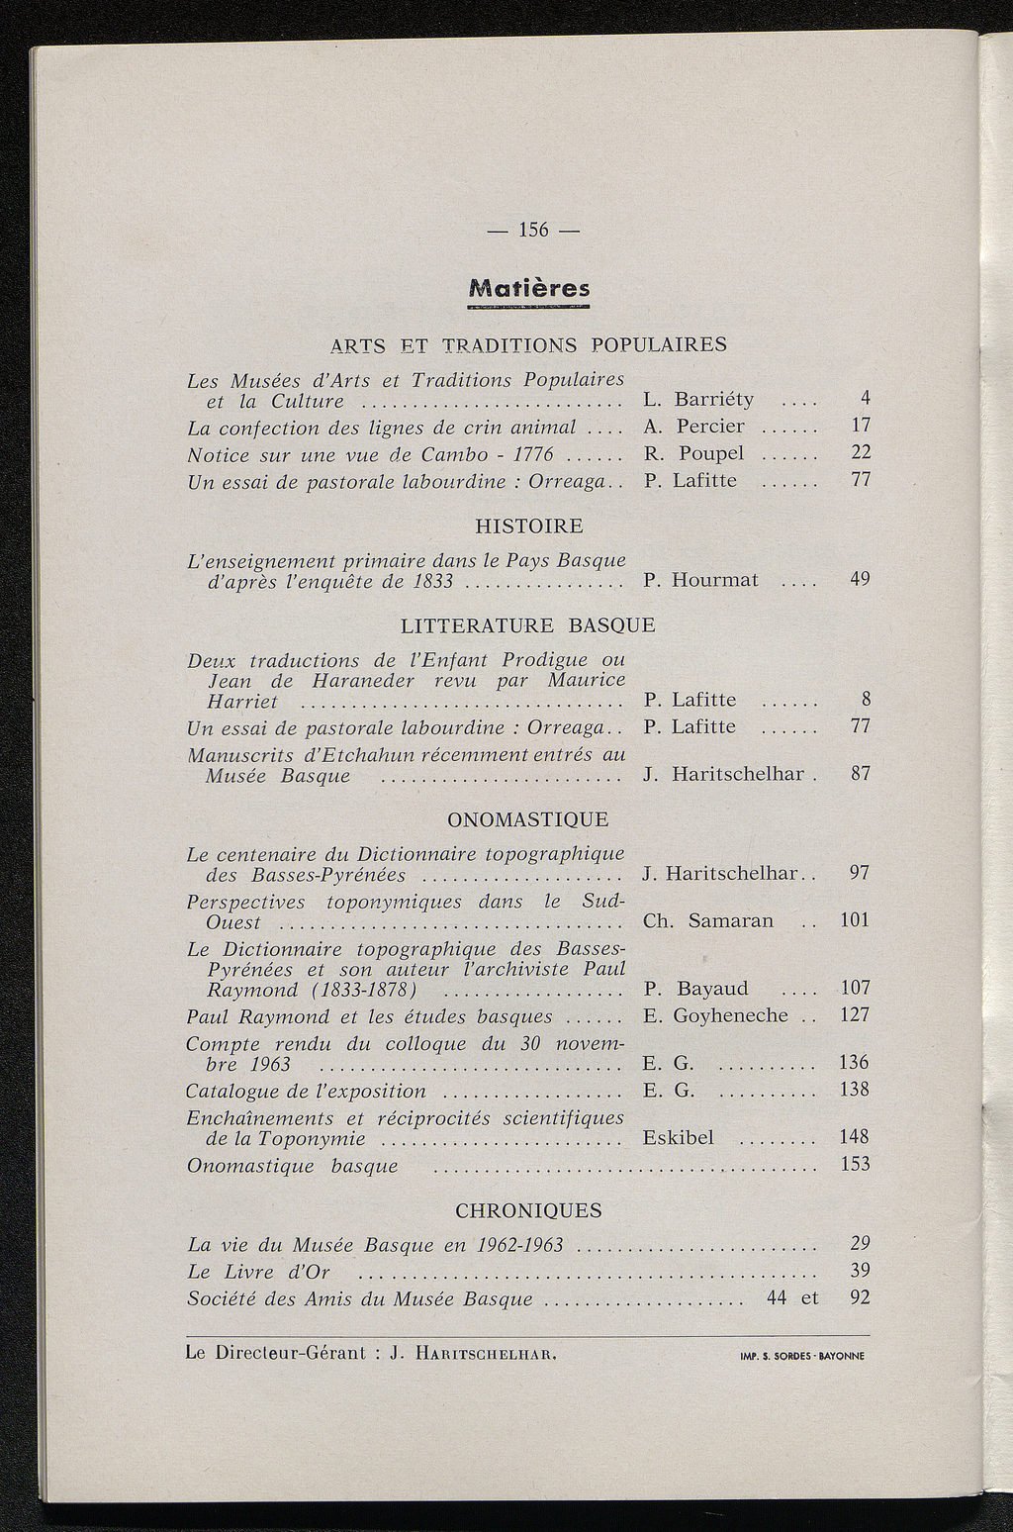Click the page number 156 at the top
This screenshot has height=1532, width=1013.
[533, 230]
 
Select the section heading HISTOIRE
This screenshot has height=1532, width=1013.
[529, 526]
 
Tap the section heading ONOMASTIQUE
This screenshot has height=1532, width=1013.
[528, 819]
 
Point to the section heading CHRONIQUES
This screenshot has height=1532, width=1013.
[528, 1210]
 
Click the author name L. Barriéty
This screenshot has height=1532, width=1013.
[698, 399]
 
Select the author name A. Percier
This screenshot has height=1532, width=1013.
[693, 427]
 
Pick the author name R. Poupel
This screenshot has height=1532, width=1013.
[693, 454]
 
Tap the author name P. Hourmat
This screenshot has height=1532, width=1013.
[700, 580]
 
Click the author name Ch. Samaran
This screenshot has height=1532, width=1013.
[707, 920]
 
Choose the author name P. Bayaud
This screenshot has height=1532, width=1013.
[695, 989]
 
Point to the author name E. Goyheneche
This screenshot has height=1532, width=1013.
[715, 1015]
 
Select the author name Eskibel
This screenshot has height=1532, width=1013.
[678, 1138]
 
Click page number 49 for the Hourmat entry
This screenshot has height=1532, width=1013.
[860, 579]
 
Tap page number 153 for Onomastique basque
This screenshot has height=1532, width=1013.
[855, 1165]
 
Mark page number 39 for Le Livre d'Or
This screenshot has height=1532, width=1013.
[860, 1271]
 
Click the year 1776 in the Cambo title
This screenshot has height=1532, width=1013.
[526, 454]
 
